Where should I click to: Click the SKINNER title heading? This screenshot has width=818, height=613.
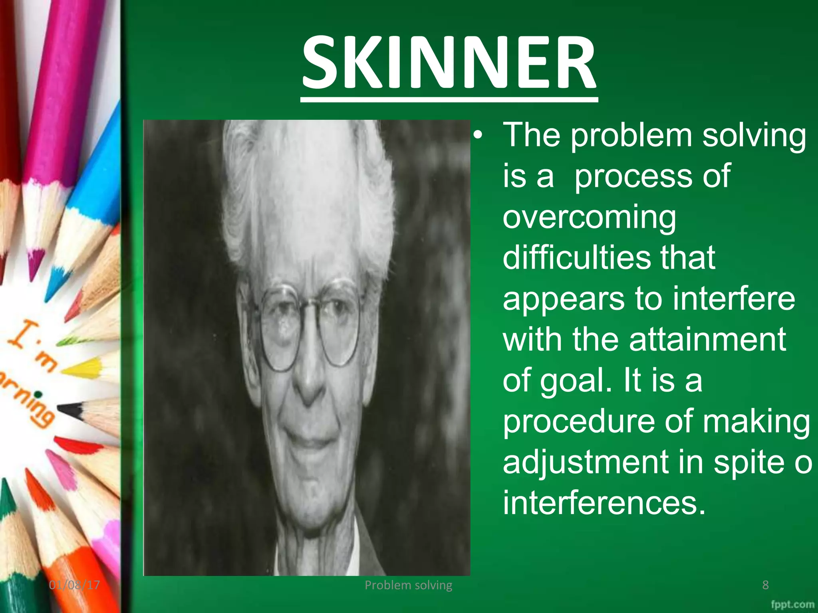point(449,63)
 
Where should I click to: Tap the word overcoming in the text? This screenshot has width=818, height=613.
point(589,218)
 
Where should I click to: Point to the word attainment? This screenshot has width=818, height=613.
point(707,339)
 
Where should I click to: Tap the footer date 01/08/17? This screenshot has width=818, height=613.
point(74,585)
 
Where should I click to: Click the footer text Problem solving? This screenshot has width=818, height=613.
point(408,585)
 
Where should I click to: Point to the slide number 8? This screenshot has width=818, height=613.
point(765,585)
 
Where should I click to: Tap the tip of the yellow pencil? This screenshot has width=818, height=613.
point(66,371)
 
